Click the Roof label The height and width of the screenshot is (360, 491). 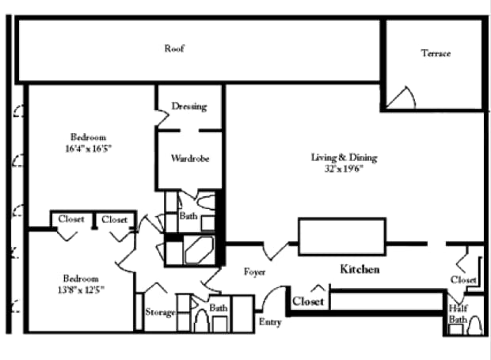coord(174,48)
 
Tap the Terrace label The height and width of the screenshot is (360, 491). coord(436,53)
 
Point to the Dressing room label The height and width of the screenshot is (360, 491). coord(189,106)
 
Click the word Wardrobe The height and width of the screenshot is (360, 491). coord(190,158)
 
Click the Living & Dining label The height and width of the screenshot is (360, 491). coord(344,157)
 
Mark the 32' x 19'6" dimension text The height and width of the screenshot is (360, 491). coord(344,169)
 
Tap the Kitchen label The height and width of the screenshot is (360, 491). coord(360,270)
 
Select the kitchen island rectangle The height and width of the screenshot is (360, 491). coord(341,236)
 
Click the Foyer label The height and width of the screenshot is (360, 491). coord(253,272)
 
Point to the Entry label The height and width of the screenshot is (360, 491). coord(270,322)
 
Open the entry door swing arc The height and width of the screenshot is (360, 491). coord(269,297)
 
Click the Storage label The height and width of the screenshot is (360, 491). coord(160,313)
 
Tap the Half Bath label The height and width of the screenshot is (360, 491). coord(458,313)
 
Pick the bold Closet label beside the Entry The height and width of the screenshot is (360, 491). coord(308,301)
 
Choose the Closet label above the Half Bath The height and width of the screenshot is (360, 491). coord(463,280)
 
